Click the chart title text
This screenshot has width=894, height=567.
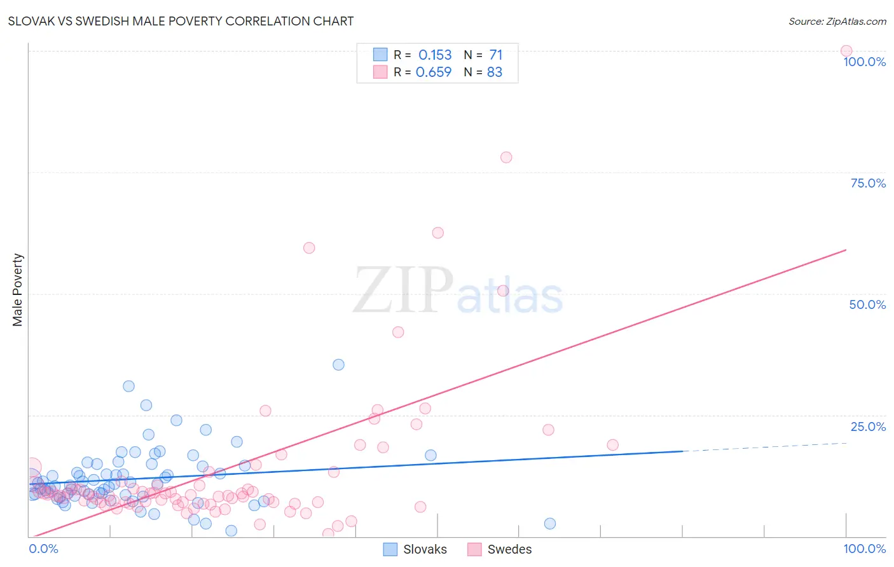pos(181,21)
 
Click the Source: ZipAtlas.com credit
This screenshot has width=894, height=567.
pos(837,21)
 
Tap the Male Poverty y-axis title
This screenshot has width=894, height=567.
pos(18,290)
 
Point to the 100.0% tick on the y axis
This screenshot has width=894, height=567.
pos(864,62)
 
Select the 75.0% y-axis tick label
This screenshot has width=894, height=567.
pos(867,183)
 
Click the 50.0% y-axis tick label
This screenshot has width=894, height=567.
pos(867,304)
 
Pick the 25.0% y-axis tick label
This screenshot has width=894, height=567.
pos(867,427)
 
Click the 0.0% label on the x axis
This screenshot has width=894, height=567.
pos(43,549)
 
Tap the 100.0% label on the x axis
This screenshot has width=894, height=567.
pos(864,549)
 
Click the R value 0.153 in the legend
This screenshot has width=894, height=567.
pos(435,55)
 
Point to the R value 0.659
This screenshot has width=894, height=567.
pos(434,72)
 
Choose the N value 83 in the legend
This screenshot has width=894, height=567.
pos(495,72)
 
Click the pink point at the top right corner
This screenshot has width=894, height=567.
pos(846,51)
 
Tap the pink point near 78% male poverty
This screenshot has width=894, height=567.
pos(506,158)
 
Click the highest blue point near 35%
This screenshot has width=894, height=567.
pos(338,365)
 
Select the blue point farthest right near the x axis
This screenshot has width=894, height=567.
pos(550,524)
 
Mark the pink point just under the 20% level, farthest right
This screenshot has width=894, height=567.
pos(612,445)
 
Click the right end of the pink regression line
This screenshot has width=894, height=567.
pos(846,250)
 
